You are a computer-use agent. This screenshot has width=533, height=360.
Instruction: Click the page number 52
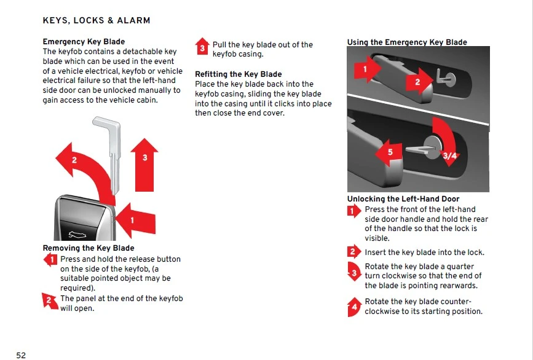21,355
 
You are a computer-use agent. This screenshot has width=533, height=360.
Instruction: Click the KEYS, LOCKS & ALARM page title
97,20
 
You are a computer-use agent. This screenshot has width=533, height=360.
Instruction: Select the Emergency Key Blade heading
84,42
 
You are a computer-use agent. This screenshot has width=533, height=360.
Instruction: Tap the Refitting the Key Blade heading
239,74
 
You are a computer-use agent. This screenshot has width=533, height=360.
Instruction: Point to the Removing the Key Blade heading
89,248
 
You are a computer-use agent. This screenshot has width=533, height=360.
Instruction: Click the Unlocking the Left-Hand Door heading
403,199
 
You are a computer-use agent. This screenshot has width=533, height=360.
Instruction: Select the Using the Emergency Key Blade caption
407,42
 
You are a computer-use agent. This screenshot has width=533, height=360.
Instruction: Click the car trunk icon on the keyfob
77,233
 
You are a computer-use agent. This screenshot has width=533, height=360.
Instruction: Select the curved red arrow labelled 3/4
446,142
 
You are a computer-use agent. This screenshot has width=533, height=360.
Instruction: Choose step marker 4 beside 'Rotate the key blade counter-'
353,306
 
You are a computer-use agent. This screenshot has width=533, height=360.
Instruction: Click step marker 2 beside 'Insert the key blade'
353,252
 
